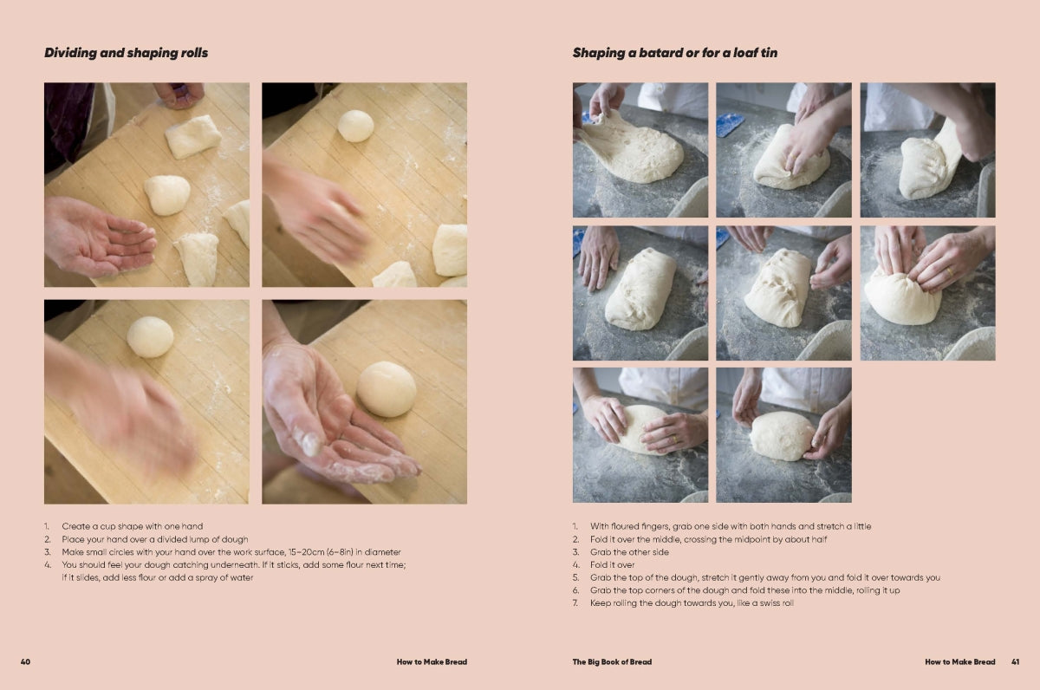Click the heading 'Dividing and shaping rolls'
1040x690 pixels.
tap(126, 53)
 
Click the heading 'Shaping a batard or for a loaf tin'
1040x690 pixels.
tap(674, 53)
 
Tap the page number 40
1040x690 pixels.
tap(25, 661)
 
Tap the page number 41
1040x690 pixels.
tap(1016, 661)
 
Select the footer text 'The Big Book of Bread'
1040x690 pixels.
tap(612, 661)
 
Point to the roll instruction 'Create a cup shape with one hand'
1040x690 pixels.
tap(133, 526)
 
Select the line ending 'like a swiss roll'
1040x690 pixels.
tap(692, 603)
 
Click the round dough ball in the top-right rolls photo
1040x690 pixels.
tap(355, 126)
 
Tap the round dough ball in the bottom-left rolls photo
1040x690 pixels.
tap(150, 336)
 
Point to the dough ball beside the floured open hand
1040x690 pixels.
tap(387, 389)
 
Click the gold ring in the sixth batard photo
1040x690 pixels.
tap(950, 271)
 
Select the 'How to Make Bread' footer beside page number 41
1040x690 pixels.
tap(959, 661)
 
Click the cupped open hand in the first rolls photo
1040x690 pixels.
tap(100, 237)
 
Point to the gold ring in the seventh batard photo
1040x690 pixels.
tap(674, 439)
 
